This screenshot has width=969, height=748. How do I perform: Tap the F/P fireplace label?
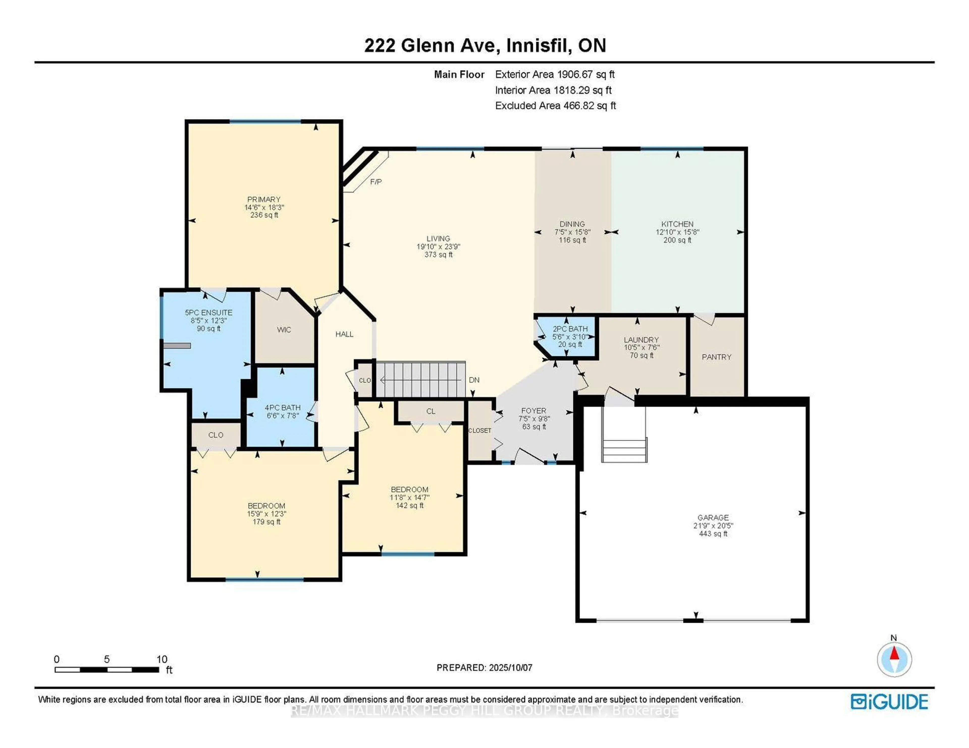tap(376, 182)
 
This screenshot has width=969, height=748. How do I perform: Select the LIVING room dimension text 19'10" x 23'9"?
tap(438, 247)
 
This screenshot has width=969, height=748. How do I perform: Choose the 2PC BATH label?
tap(570, 329)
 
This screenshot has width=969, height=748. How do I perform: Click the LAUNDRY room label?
tap(641, 340)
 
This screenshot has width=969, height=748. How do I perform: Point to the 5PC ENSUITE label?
tap(208, 312)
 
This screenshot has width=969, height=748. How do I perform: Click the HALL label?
tap(344, 334)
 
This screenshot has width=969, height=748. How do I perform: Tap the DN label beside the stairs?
tap(474, 380)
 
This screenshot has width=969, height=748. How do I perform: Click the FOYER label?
tap(534, 411)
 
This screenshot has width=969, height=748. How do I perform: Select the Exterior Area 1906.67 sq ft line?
tap(555, 74)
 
